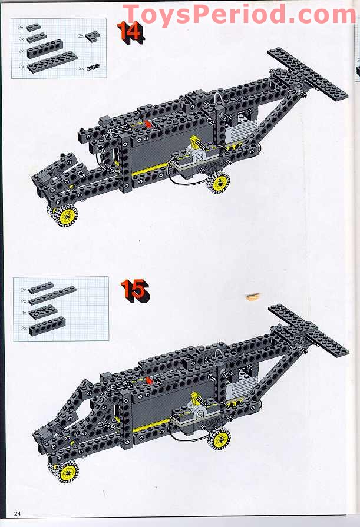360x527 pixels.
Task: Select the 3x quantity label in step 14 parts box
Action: (x=21, y=28)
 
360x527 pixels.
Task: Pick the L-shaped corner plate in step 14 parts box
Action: (x=92, y=37)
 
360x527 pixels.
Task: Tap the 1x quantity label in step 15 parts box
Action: (x=24, y=312)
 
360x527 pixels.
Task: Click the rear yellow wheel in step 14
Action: (x=219, y=182)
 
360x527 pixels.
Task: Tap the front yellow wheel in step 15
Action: (x=67, y=471)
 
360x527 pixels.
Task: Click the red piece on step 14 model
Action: (x=146, y=125)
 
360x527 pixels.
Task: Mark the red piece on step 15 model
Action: (x=148, y=380)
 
